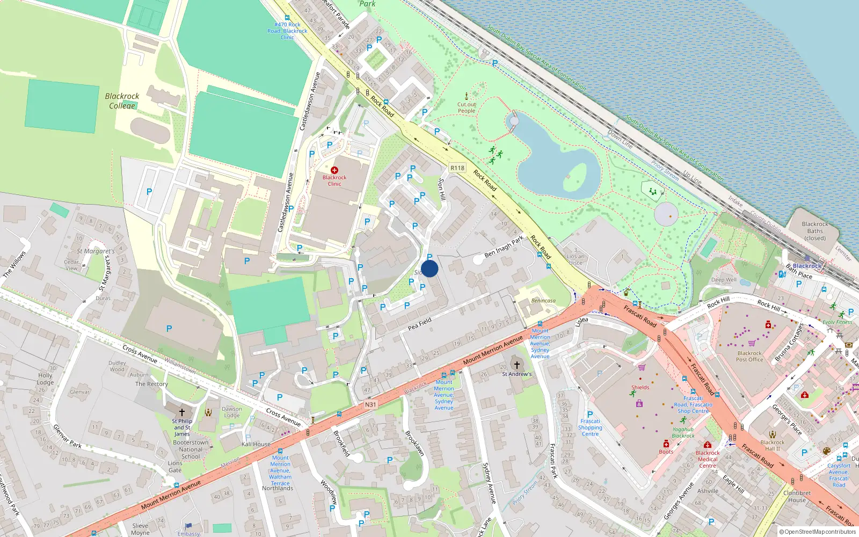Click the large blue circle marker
point(429,268)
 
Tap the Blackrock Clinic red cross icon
point(334,170)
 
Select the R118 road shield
point(457,168)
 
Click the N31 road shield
point(370,404)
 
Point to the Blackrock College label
point(122,101)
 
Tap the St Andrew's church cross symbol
point(517,365)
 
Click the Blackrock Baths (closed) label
point(814,231)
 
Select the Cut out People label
point(467,108)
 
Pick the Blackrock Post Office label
point(749,357)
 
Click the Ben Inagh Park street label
point(504,246)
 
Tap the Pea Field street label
point(420,324)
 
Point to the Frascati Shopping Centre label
point(590,427)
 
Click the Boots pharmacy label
point(666,452)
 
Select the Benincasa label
point(543,301)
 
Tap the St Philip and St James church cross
point(182,412)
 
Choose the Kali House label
point(256,444)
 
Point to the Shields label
point(640,387)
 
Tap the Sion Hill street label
point(442,189)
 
